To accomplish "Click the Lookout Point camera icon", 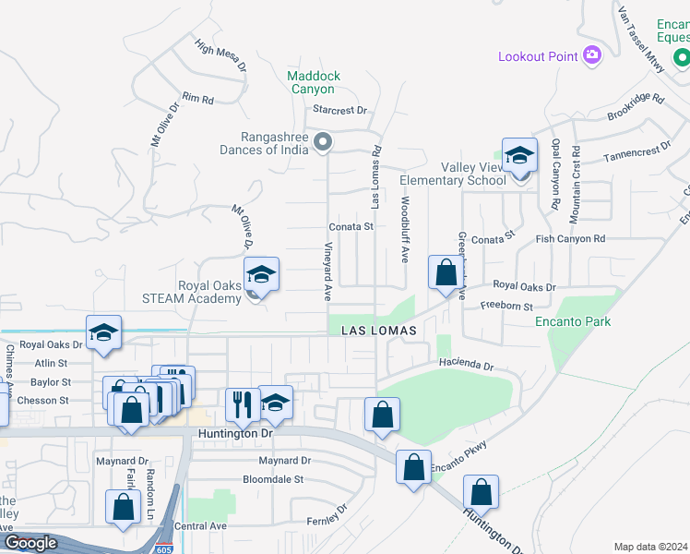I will [x=591, y=56].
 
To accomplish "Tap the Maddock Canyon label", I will [x=313, y=82].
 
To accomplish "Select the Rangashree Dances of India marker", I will [x=322, y=142].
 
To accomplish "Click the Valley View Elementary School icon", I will [x=519, y=156].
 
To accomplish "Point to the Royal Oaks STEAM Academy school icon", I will [x=262, y=274].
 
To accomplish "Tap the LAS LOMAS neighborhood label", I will [x=378, y=331].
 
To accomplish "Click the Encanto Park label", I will [x=573, y=321].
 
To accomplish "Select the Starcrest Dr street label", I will [x=339, y=109].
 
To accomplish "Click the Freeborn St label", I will [x=506, y=306].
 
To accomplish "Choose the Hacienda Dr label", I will [x=467, y=365].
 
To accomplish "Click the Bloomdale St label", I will [x=273, y=479].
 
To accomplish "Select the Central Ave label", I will [x=200, y=526].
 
